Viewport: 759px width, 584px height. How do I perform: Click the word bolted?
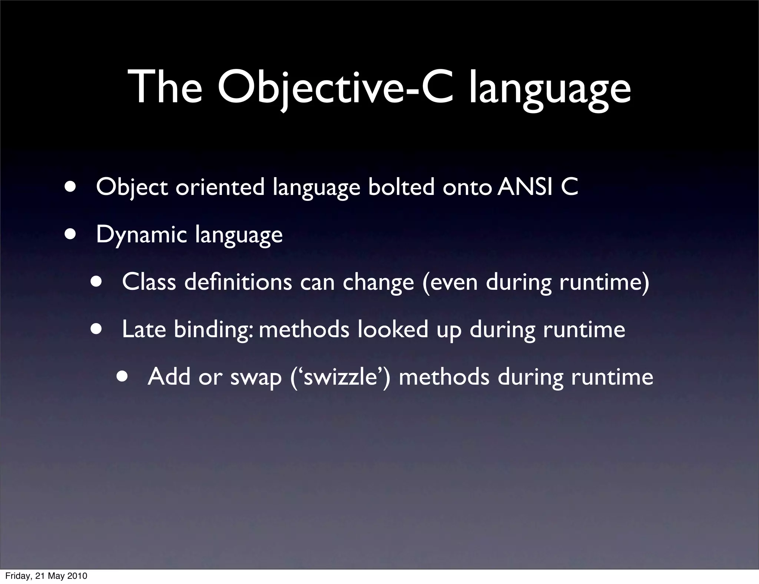click(x=401, y=187)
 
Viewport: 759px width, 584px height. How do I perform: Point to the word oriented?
click(x=220, y=187)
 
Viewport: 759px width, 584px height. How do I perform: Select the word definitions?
click(x=238, y=282)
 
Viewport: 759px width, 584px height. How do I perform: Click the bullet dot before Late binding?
click(x=96, y=329)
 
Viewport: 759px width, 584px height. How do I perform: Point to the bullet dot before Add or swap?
click(x=122, y=376)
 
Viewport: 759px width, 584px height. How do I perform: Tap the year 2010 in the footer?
click(x=77, y=576)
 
